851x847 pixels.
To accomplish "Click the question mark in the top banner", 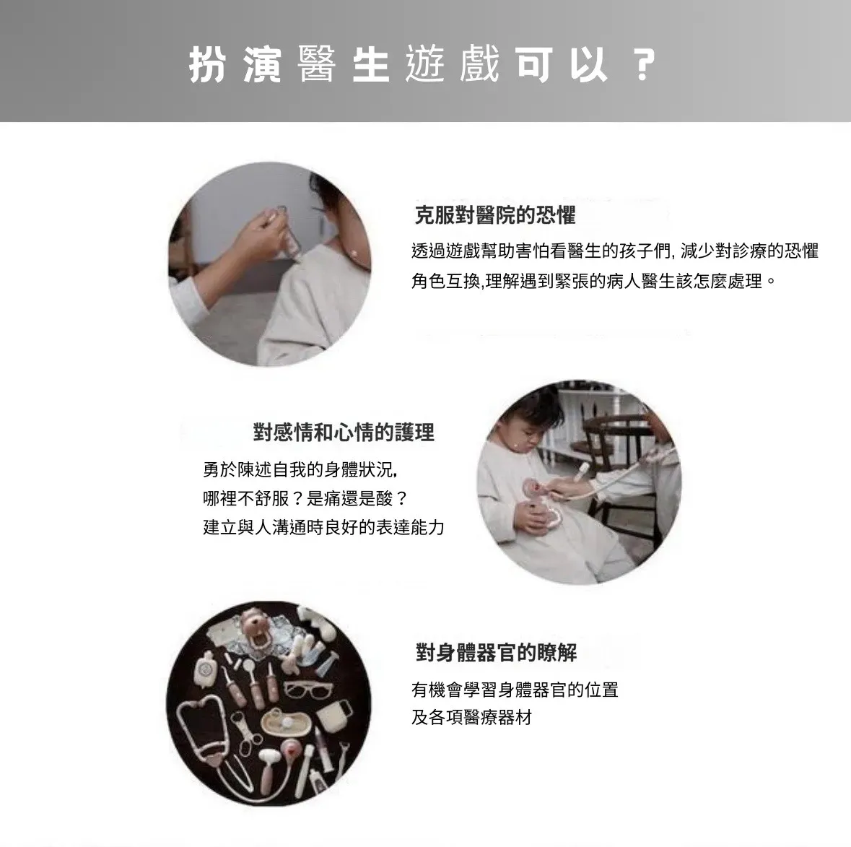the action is click(645, 64).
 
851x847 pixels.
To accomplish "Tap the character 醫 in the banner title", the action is click(317, 64).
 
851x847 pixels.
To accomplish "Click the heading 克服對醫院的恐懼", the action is click(495, 216).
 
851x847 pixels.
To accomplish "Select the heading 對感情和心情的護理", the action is click(344, 433).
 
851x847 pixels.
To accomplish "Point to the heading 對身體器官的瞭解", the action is click(496, 653).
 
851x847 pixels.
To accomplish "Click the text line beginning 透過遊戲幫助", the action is click(615, 251).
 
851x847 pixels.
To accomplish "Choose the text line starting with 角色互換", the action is click(594, 281).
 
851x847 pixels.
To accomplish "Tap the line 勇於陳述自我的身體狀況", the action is click(300, 469).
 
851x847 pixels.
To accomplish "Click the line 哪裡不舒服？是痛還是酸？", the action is click(305, 498).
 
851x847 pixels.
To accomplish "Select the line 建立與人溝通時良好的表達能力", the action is click(324, 527).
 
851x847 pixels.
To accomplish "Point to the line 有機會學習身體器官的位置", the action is click(515, 690).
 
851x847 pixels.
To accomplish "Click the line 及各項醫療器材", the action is click(471, 718).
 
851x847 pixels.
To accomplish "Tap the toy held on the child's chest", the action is click(539, 503).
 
